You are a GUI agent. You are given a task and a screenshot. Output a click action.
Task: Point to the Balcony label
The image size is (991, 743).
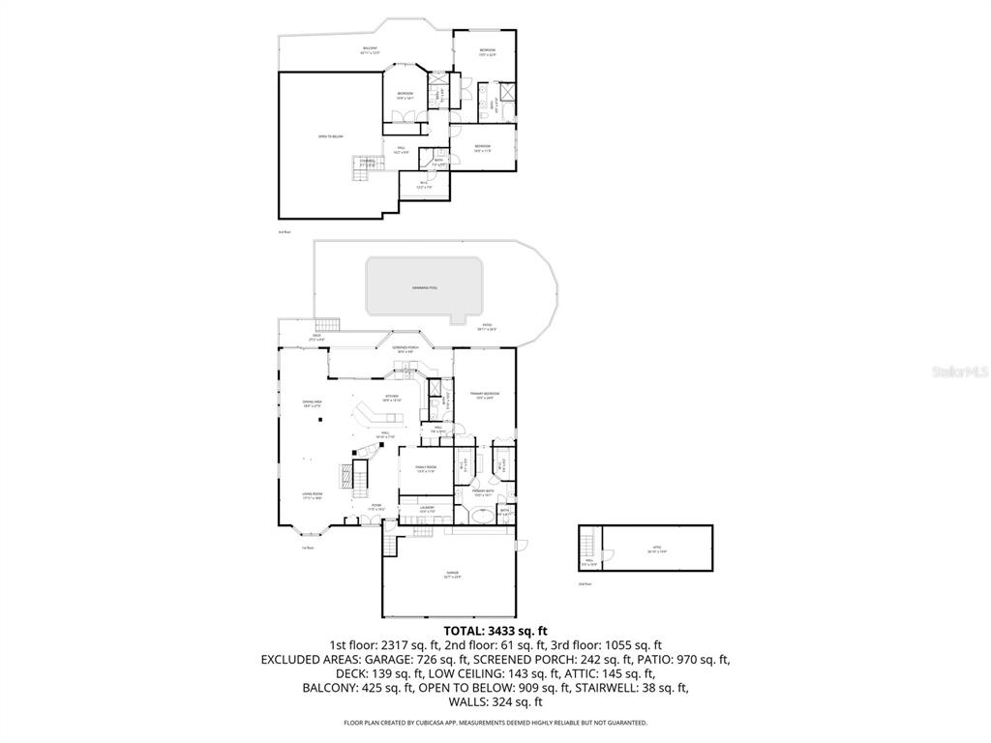click(x=370, y=49)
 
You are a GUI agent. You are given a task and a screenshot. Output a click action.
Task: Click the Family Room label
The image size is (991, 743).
click(x=425, y=469)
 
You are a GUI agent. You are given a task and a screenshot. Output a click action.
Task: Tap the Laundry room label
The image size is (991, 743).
click(x=427, y=508)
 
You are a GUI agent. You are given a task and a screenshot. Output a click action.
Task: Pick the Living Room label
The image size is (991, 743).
click(x=311, y=494)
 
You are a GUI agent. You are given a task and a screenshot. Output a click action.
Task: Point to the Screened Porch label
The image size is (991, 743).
click(x=405, y=347)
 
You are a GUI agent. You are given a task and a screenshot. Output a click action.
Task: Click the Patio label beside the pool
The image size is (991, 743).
click(x=487, y=326)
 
